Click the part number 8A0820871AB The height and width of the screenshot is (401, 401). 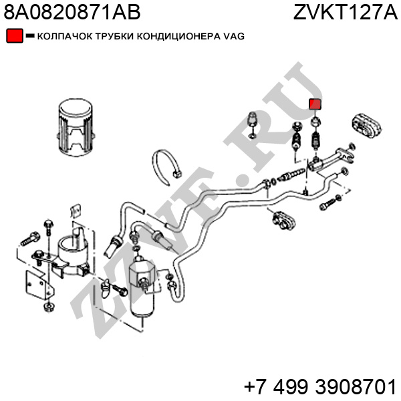click(x=72, y=12)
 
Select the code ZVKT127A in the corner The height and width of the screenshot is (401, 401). click(x=345, y=12)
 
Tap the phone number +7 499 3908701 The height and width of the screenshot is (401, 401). click(x=320, y=386)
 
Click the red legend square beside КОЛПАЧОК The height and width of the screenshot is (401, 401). click(x=15, y=36)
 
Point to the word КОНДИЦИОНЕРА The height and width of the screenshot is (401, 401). click(x=178, y=36)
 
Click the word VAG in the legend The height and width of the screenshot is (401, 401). click(x=234, y=36)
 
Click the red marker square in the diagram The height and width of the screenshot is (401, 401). click(x=315, y=104)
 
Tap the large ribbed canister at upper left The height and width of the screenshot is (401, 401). click(x=76, y=128)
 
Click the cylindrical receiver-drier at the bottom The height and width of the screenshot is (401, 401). click(x=142, y=287)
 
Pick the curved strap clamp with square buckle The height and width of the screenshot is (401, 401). click(x=166, y=166)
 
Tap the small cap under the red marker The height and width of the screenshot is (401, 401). click(x=316, y=122)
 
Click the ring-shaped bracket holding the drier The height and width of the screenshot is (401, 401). click(x=72, y=256)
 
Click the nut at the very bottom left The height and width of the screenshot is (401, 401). click(x=49, y=307)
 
